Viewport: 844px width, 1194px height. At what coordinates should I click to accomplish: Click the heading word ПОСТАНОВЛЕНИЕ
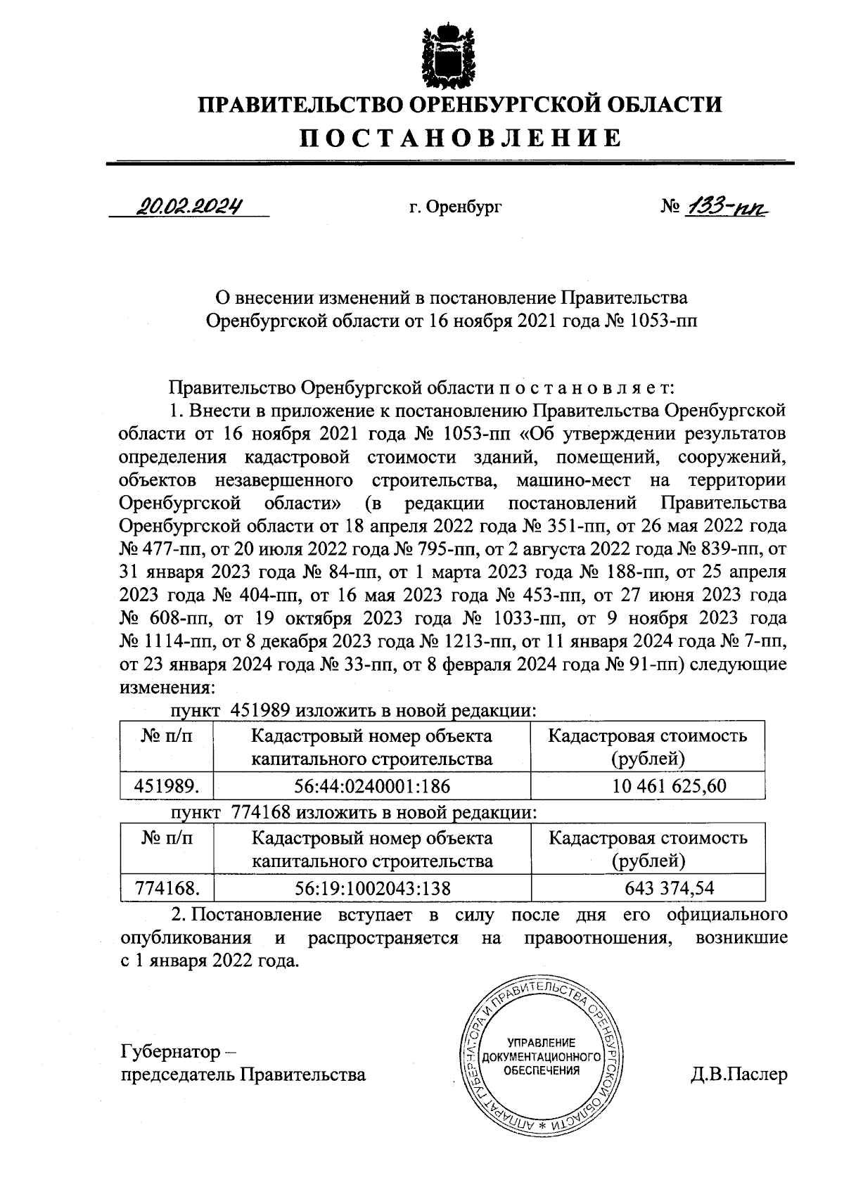pos(461,138)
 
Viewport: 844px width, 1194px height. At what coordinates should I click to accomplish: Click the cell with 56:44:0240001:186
pos(371,786)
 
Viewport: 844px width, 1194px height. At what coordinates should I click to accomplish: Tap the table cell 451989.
pos(167,786)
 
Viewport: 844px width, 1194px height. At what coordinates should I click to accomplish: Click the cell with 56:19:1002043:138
pos(371,888)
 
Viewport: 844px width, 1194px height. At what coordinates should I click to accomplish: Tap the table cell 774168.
pos(167,888)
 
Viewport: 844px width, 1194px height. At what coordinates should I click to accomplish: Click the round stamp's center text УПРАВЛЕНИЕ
pos(542,1042)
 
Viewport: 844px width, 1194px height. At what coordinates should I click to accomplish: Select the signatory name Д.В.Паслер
pos(738,1074)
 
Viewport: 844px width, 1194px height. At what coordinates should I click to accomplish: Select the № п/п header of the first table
pos(167,736)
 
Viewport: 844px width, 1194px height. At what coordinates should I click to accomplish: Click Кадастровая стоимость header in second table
pos(648,837)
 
